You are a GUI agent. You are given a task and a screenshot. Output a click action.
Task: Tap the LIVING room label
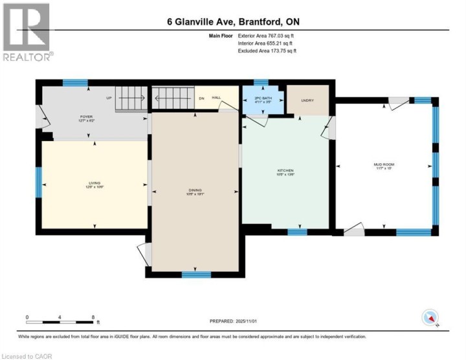click(x=95, y=185)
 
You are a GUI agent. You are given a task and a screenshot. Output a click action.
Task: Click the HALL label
click(x=217, y=97)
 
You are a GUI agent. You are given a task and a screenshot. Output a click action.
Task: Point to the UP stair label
click(x=109, y=97)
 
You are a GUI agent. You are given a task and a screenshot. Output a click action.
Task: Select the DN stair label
click(x=201, y=98)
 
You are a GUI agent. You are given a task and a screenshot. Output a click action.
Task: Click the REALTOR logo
click(x=27, y=32)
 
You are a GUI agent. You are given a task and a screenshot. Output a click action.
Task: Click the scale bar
click(x=61, y=321)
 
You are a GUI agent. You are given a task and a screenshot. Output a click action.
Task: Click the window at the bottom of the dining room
click(x=196, y=275)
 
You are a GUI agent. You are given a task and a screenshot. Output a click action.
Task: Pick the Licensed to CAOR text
click(x=27, y=355)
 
